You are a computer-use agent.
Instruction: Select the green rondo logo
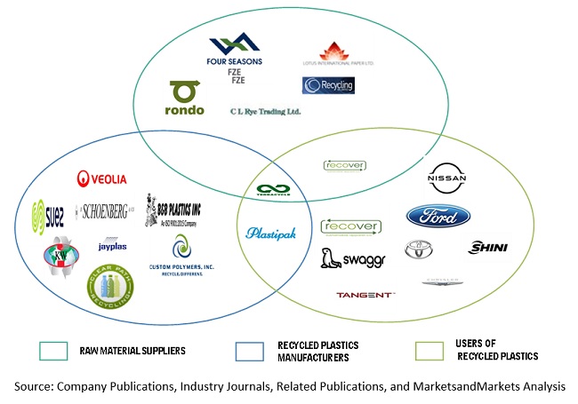pyautogui.click(x=186, y=99)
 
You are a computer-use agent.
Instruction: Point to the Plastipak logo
pyautogui.click(x=270, y=233)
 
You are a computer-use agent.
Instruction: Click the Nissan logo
pyautogui.click(x=446, y=178)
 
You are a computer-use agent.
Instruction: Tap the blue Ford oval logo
pyautogui.click(x=438, y=216)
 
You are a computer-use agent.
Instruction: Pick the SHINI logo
pyautogui.click(x=486, y=248)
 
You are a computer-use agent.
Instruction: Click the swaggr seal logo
pyautogui.click(x=349, y=258)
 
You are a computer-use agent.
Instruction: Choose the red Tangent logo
pyautogui.click(x=365, y=295)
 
